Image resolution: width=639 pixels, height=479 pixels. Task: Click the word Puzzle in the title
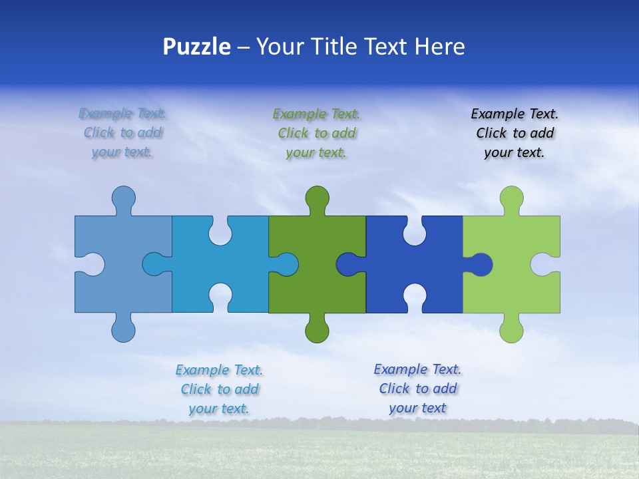(x=197, y=47)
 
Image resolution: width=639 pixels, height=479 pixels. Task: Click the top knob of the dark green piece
(x=317, y=198)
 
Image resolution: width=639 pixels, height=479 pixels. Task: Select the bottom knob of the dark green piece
(x=317, y=331)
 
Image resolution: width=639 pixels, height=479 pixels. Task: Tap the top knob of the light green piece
(x=511, y=198)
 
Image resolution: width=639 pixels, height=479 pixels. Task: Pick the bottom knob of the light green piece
(x=511, y=331)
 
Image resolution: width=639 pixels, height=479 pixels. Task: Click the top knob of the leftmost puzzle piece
(x=123, y=198)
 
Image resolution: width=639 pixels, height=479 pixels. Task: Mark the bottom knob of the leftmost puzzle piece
(x=123, y=331)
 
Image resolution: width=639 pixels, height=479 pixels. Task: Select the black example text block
(x=515, y=133)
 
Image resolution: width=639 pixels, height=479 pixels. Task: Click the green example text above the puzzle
(x=317, y=133)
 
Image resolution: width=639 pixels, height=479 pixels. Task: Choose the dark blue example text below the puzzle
(x=417, y=389)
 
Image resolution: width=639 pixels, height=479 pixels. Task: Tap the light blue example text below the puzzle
(x=219, y=389)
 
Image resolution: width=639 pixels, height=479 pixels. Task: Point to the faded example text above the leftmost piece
(x=122, y=133)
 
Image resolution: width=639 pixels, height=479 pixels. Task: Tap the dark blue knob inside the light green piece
(x=480, y=265)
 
